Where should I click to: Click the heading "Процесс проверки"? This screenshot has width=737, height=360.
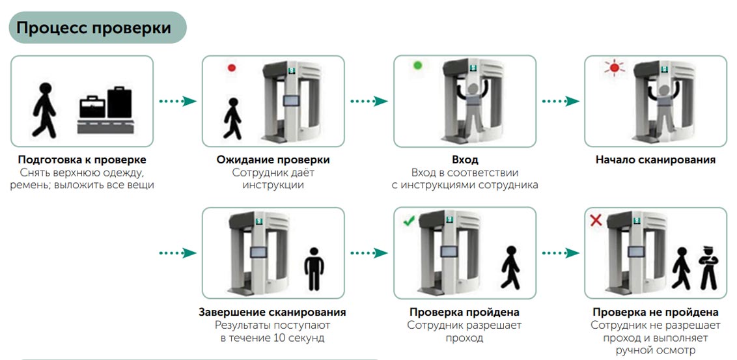tap(94, 29)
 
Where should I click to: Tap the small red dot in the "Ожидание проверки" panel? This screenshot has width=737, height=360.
tap(231, 68)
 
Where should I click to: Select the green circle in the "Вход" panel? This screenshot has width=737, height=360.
tap(418, 66)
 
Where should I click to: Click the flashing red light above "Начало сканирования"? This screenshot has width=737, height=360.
tap(612, 68)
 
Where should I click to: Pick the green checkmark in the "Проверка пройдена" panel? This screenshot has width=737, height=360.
tap(409, 221)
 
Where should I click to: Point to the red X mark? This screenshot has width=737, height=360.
tap(595, 221)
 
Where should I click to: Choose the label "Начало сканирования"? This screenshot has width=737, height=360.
tap(655, 160)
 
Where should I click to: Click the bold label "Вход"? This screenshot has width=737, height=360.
tap(464, 160)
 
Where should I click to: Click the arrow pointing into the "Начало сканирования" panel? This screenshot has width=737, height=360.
tap(561, 102)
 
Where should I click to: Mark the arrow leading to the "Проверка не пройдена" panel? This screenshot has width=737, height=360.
tap(561, 253)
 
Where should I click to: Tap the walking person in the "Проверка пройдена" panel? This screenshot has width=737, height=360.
tap(510, 267)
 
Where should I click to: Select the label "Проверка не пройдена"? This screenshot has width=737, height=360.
tap(655, 312)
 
